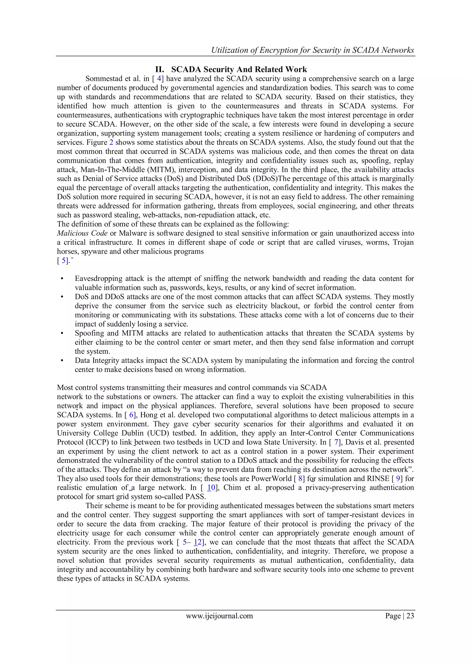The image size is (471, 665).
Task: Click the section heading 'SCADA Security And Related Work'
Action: click(x=239, y=70)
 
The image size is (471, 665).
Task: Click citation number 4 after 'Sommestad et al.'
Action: click(x=159, y=79)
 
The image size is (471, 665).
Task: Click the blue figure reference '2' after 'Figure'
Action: click(x=111, y=142)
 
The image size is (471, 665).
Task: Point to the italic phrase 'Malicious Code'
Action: click(x=82, y=233)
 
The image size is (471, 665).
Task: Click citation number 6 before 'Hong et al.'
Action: click(x=131, y=415)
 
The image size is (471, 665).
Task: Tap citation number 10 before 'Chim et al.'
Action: click(x=211, y=488)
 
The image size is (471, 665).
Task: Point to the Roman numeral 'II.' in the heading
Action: click(x=160, y=70)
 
